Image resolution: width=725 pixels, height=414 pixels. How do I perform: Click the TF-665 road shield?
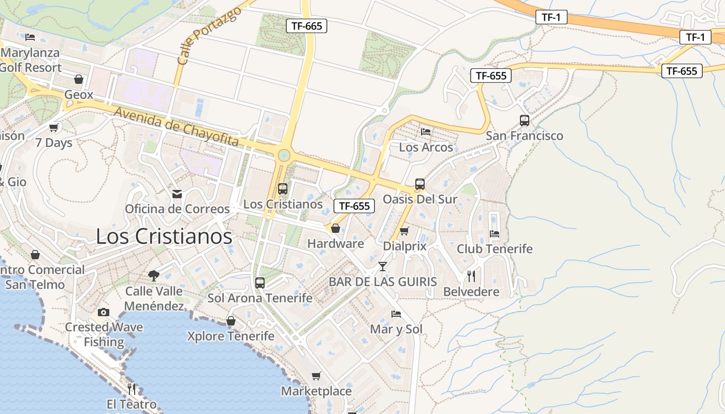pyautogui.click(x=307, y=26)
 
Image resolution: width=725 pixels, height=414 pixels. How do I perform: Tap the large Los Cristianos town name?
pyautogui.click(x=164, y=236)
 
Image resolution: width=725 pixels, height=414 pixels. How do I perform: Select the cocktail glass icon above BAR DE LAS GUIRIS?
pyautogui.click(x=382, y=267)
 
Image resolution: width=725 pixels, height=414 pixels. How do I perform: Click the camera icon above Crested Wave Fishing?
pyautogui.click(x=104, y=312)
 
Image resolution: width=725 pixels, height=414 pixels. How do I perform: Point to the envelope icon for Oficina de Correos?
pyautogui.click(x=177, y=194)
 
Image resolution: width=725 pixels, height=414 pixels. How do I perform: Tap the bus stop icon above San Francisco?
pyautogui.click(x=524, y=121)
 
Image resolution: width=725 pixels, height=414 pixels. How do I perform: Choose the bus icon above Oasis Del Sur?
pyautogui.click(x=419, y=184)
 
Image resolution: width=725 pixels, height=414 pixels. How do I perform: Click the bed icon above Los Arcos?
pyautogui.click(x=426, y=132)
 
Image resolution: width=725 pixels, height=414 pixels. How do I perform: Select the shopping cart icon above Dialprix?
pyautogui.click(x=404, y=231)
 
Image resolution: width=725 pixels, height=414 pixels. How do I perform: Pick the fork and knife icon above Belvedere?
pyautogui.click(x=471, y=276)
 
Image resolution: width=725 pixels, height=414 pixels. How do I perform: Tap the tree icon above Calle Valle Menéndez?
pyautogui.click(x=153, y=275)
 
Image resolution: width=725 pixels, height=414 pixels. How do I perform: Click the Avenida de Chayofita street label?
pyautogui.click(x=176, y=127)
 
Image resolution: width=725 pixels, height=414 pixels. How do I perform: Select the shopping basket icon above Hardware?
pyautogui.click(x=336, y=228)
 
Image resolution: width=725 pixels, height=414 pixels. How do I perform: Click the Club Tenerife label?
pyautogui.click(x=494, y=249)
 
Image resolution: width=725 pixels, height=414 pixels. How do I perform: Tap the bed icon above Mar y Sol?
pyautogui.click(x=396, y=314)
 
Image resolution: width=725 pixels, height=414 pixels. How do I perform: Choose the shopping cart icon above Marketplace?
pyautogui.click(x=316, y=376)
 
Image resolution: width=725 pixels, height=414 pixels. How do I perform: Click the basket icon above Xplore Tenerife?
pyautogui.click(x=231, y=321)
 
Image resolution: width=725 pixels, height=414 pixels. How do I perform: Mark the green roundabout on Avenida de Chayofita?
pyautogui.click(x=283, y=155)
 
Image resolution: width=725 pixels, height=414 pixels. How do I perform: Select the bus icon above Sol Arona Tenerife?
pyautogui.click(x=260, y=283)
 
